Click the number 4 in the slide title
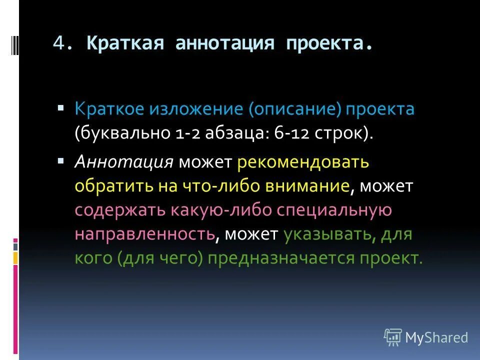tap(58, 43)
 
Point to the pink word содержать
tap(118, 210)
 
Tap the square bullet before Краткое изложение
tap(61, 108)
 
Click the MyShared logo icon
tap(393, 337)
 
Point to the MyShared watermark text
tap(437, 337)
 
